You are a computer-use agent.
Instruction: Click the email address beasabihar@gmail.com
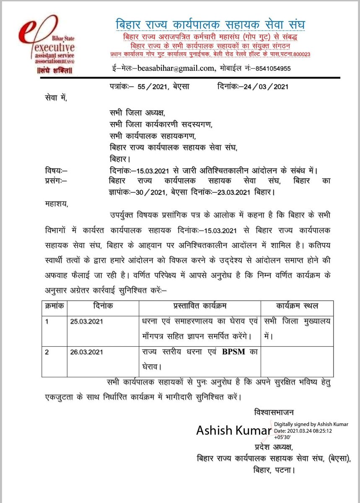(180, 68)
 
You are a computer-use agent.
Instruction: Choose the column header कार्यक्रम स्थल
(297, 306)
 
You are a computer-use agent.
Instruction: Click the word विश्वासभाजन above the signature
(276, 412)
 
